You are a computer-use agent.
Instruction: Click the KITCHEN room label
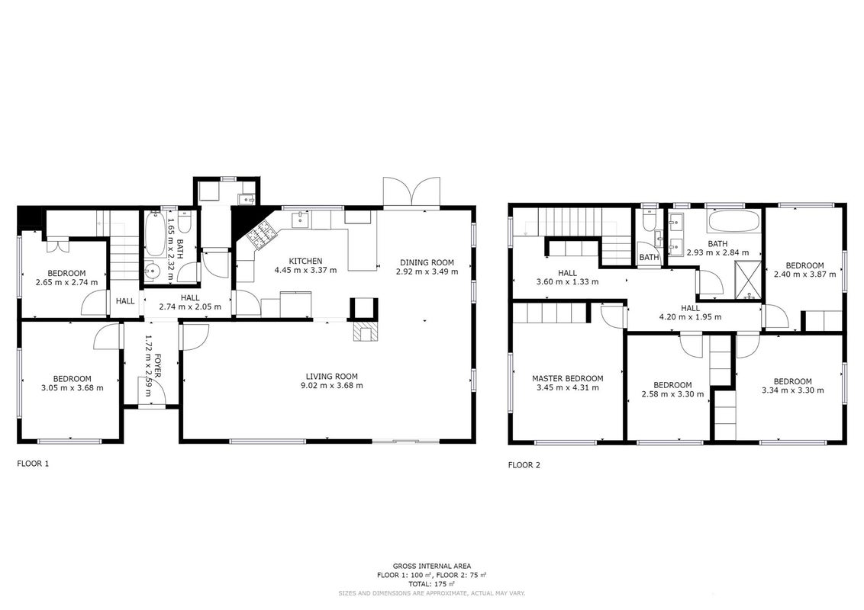pyautogui.click(x=306, y=261)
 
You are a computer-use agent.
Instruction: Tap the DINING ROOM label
pyautogui.click(x=427, y=262)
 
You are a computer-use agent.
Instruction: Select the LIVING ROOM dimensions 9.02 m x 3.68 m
pyautogui.click(x=332, y=385)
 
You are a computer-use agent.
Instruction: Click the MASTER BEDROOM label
pyautogui.click(x=568, y=378)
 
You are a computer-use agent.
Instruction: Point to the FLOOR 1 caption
pyautogui.click(x=33, y=464)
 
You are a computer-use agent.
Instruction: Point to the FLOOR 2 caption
pyautogui.click(x=524, y=465)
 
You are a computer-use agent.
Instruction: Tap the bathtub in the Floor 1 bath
pyautogui.click(x=155, y=235)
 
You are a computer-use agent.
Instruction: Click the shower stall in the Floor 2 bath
pyautogui.click(x=748, y=281)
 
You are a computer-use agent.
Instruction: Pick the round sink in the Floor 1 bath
pyautogui.click(x=153, y=271)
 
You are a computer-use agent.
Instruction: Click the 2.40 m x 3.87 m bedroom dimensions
pyautogui.click(x=804, y=274)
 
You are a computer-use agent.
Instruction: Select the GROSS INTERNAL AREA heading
pyautogui.click(x=432, y=566)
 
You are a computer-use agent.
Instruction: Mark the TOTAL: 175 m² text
pyautogui.click(x=431, y=583)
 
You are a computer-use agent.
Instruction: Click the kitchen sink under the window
pyautogui.click(x=300, y=219)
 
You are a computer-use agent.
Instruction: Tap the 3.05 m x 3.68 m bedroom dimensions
pyautogui.click(x=73, y=387)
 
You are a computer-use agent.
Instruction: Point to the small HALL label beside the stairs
pyautogui.click(x=125, y=301)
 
